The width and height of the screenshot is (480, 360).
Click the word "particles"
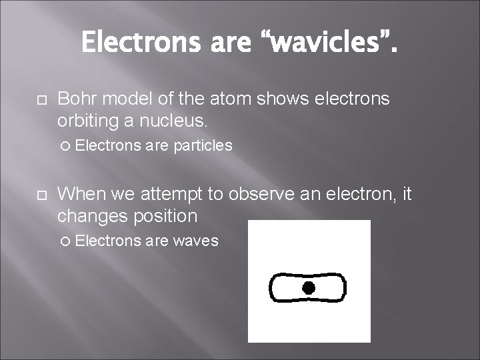[x=203, y=145]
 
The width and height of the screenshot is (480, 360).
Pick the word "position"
[x=167, y=217]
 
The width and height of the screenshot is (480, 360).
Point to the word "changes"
[x=93, y=217]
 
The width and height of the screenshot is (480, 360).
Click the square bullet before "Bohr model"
[x=39, y=100]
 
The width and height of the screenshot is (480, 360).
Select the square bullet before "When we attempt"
[x=39, y=195]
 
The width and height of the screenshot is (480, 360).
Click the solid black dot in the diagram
[x=308, y=288]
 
